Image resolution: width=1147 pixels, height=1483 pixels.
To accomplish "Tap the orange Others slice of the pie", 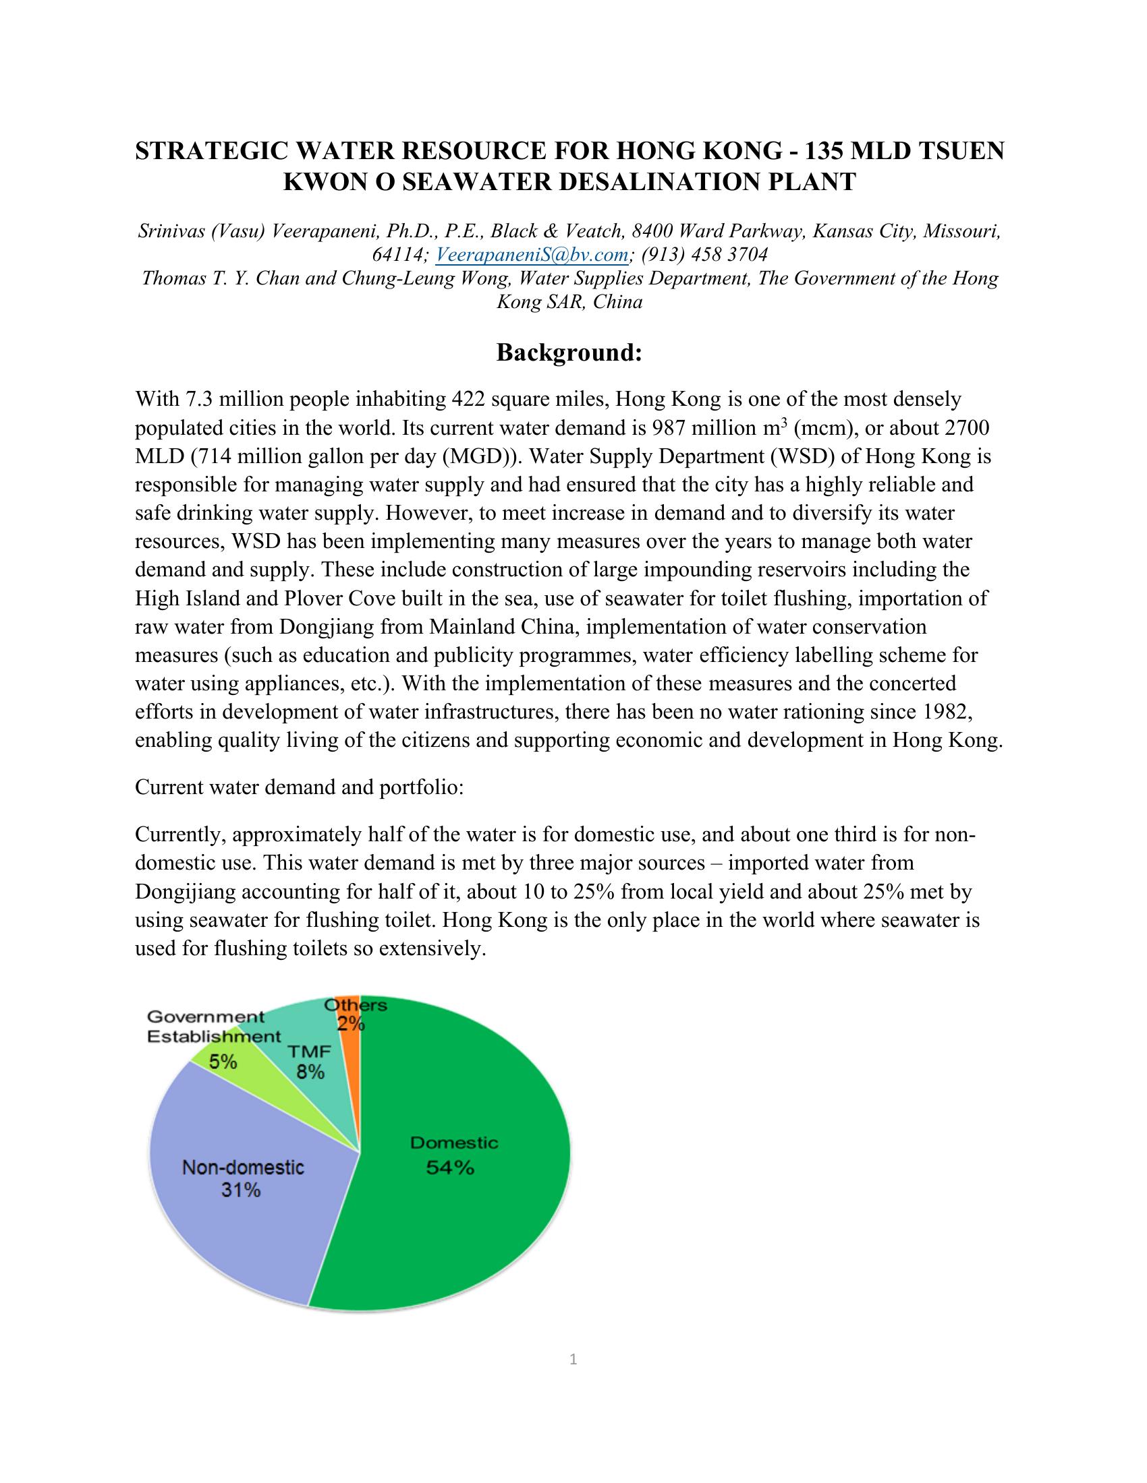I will [x=351, y=1046].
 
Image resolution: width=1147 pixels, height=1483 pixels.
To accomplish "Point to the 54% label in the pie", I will [x=450, y=1168].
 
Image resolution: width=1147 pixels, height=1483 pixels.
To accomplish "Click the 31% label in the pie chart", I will [x=242, y=1190].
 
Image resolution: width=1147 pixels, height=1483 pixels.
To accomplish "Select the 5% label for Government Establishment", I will [x=223, y=1061].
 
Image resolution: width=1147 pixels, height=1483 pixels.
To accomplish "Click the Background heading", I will [x=569, y=353].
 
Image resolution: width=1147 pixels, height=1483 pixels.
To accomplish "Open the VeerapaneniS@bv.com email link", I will [x=531, y=255].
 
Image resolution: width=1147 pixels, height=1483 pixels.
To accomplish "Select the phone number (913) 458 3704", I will [x=704, y=255].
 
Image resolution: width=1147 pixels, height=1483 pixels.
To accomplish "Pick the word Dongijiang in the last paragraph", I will [x=184, y=892].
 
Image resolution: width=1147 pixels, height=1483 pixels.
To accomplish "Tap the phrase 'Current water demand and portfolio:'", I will [x=300, y=787].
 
